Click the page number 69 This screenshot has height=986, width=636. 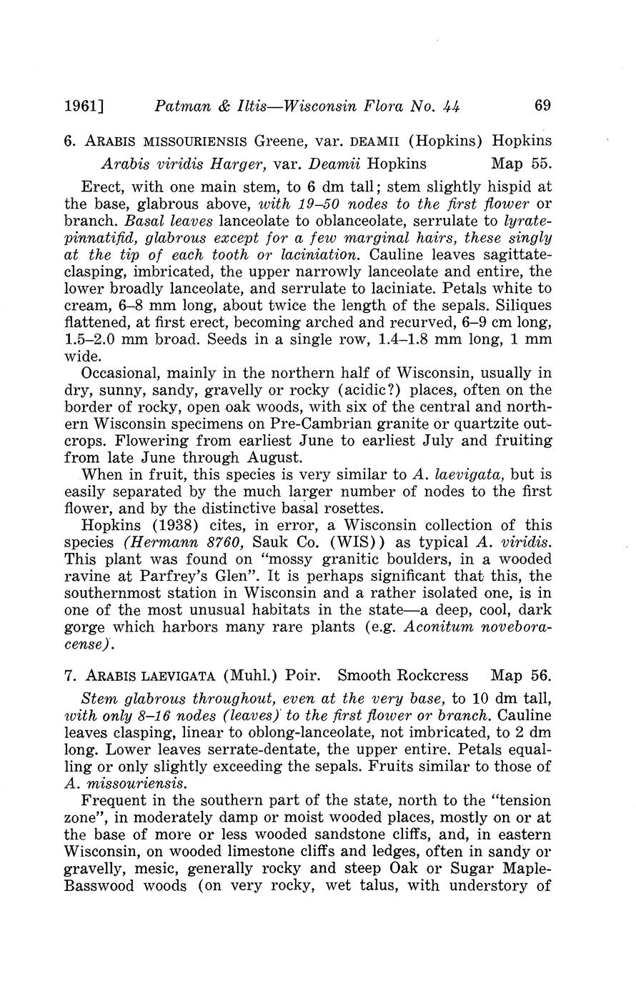[542, 106]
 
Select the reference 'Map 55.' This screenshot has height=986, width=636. [522, 164]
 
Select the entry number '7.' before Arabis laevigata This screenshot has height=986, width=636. [70, 676]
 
